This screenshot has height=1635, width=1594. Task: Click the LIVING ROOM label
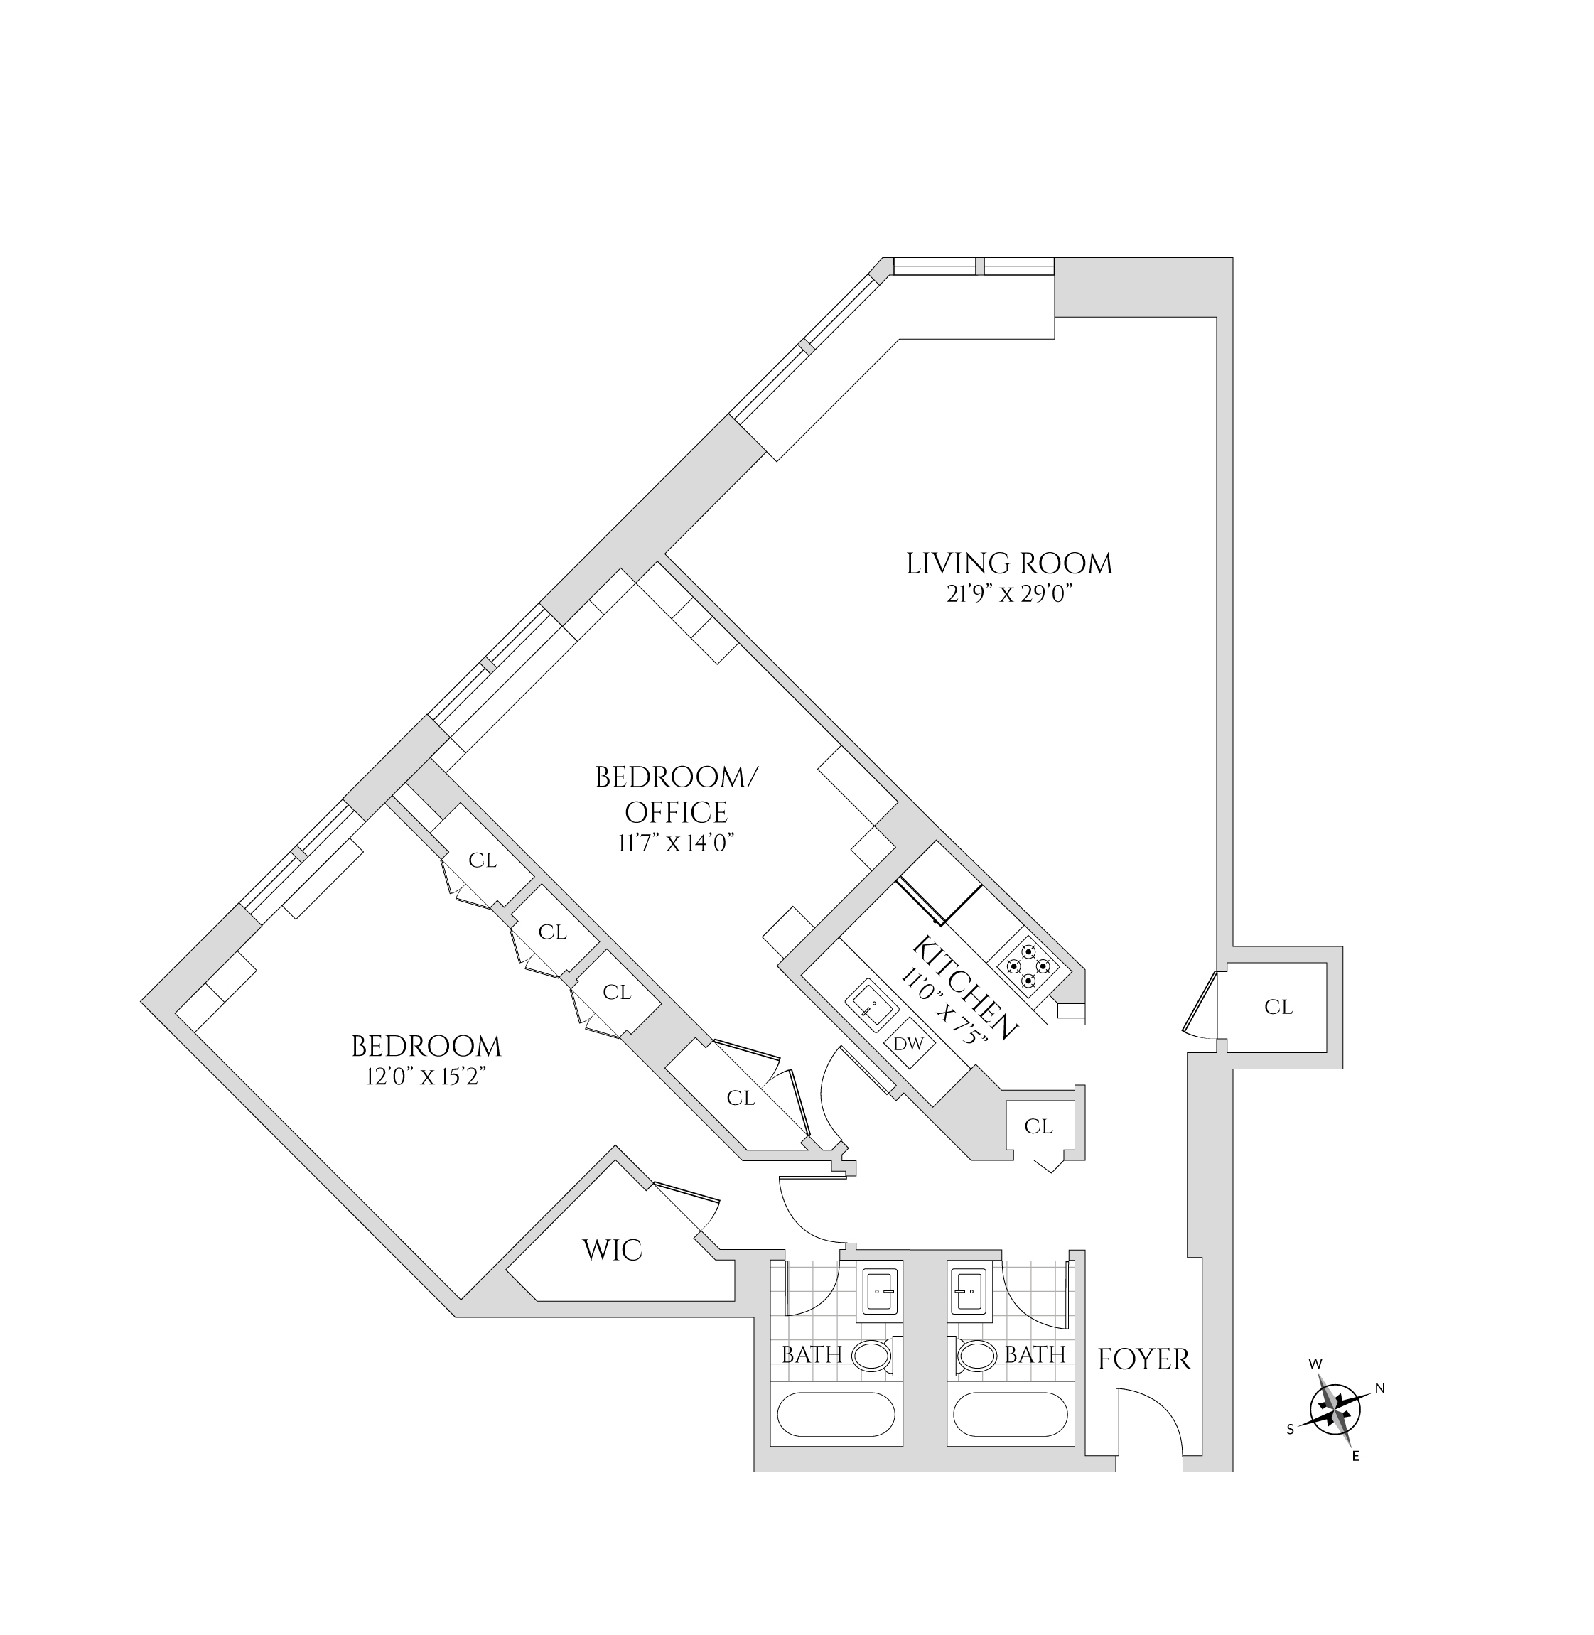pyautogui.click(x=1009, y=563)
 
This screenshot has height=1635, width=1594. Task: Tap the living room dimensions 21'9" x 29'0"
pyautogui.click(x=1009, y=595)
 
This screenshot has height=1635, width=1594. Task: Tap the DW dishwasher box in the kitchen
pyautogui.click(x=908, y=1044)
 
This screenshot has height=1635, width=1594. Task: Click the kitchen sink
pyautogui.click(x=871, y=1005)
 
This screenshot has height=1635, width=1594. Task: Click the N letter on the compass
pyautogui.click(x=1379, y=1388)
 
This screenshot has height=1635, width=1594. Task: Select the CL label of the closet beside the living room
pyautogui.click(x=1278, y=1007)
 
